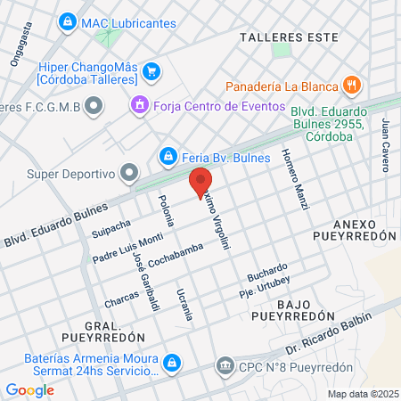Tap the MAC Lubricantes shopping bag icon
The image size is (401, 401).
(x=67, y=20)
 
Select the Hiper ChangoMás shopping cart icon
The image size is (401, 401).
(x=151, y=70)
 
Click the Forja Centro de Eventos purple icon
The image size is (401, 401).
(x=138, y=107)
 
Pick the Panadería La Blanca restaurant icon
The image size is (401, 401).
(x=352, y=86)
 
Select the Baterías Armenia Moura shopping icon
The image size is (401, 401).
(x=174, y=362)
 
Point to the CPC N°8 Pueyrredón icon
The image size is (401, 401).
(x=224, y=366)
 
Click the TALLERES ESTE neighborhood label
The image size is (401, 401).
(x=290, y=37)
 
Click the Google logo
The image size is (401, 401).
(x=29, y=389)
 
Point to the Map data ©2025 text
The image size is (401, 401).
(x=362, y=394)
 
